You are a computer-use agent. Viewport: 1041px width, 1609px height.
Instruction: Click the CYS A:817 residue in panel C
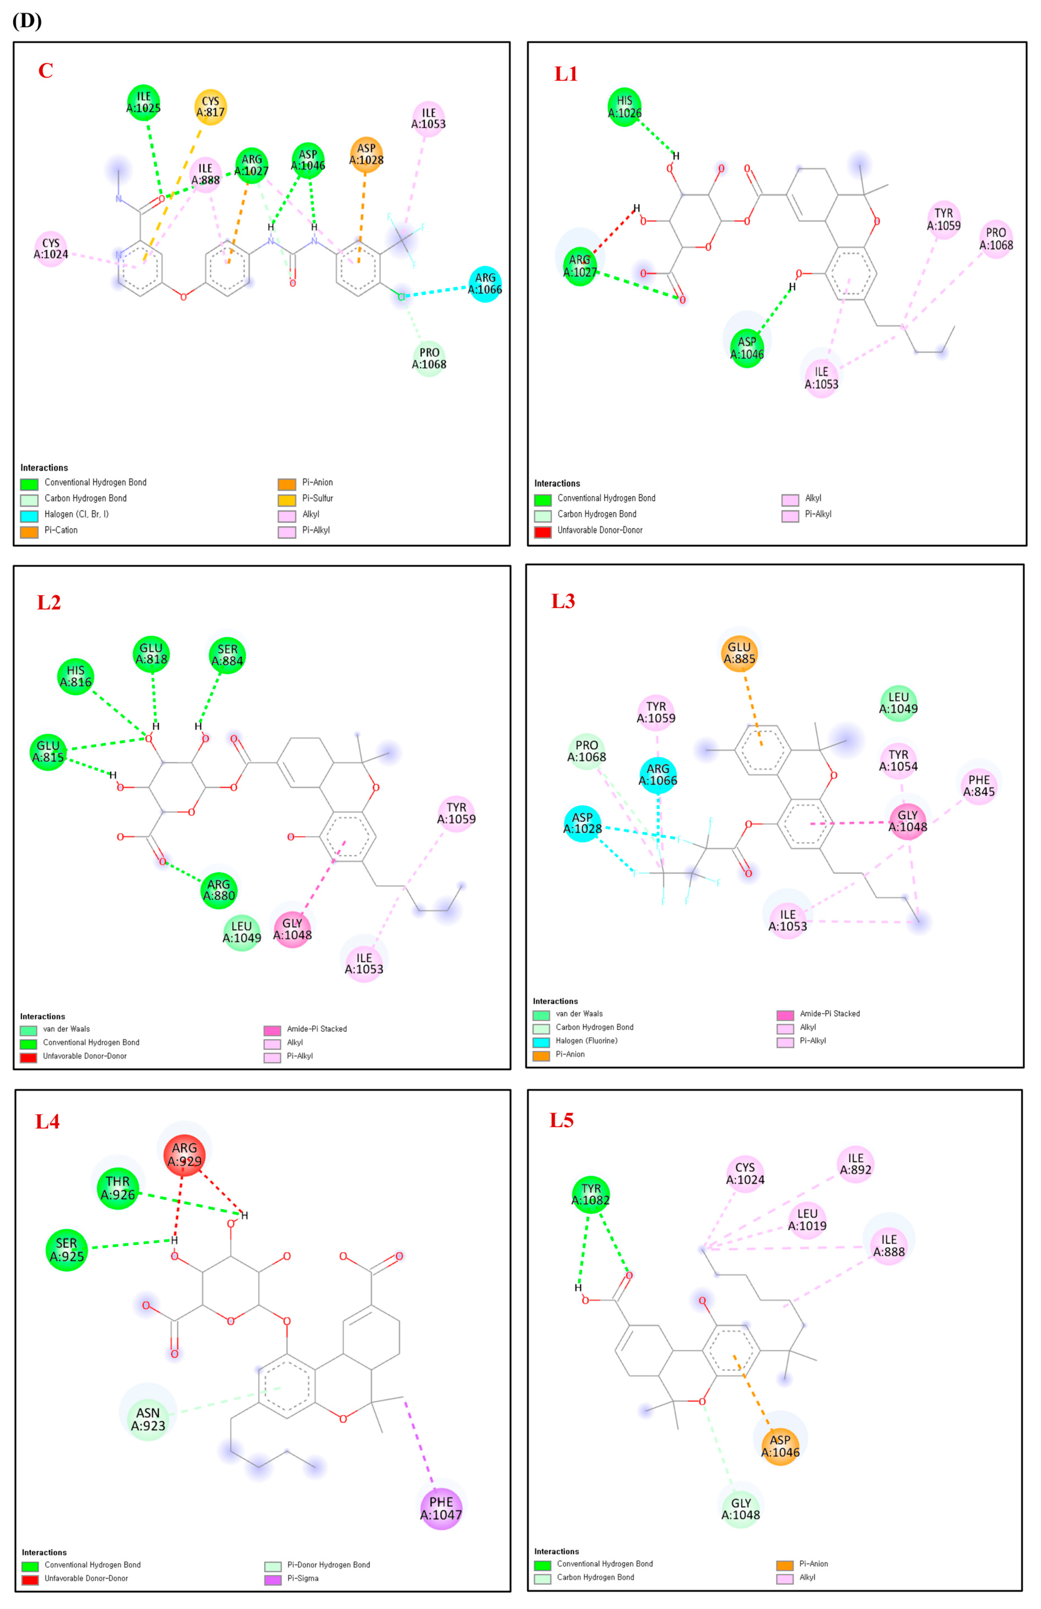[210, 107]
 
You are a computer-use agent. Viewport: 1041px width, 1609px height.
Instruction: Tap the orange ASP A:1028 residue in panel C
[366, 154]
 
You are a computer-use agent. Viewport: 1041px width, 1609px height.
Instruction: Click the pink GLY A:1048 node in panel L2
[292, 929]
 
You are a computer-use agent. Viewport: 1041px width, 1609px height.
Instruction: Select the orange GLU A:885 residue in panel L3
[739, 653]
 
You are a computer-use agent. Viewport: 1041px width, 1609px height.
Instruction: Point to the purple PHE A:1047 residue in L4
[441, 1508]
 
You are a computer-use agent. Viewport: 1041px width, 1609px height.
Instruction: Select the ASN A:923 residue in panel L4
[148, 1419]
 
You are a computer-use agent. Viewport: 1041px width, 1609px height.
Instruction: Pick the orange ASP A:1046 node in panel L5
[780, 1446]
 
